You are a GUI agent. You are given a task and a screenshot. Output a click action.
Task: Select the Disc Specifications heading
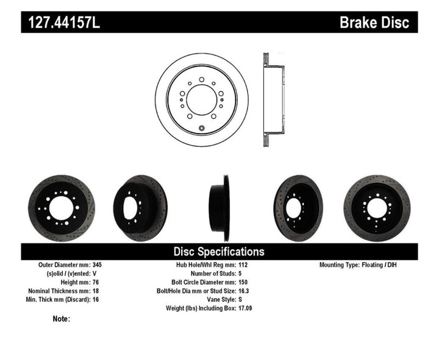219,251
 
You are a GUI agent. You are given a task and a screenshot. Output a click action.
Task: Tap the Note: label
62,319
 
